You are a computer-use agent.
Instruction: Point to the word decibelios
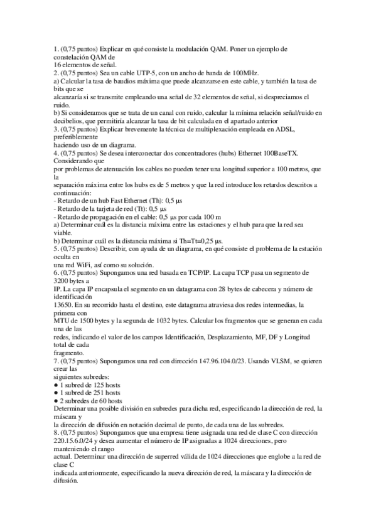click(x=70, y=121)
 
